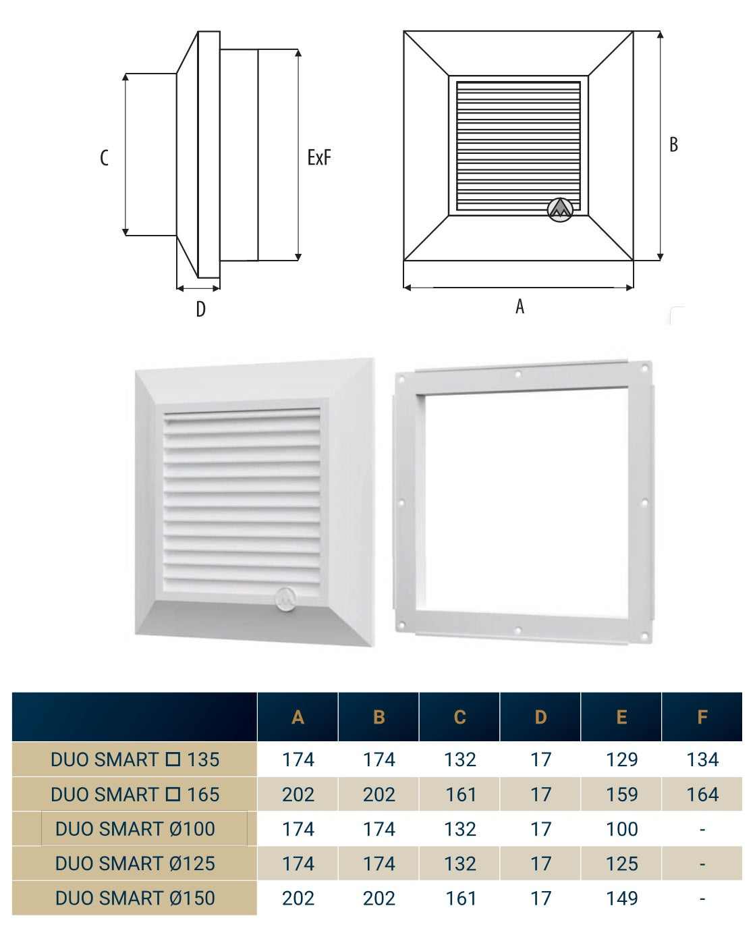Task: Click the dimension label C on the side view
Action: (x=104, y=158)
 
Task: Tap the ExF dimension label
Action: (x=319, y=158)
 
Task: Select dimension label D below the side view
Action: (x=200, y=309)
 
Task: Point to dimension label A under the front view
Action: (x=520, y=306)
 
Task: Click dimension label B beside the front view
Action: (x=673, y=144)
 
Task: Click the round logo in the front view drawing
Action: (x=559, y=209)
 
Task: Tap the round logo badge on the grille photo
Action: (x=287, y=599)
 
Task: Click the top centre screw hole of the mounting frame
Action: (x=518, y=375)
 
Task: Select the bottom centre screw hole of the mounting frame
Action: (x=518, y=631)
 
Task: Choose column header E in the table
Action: (x=621, y=717)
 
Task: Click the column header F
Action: (x=702, y=717)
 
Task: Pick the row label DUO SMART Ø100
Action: (x=135, y=829)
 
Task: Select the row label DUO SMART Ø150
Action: (x=135, y=899)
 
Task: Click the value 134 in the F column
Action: (x=702, y=759)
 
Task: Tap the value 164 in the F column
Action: (x=702, y=795)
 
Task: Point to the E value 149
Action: (x=621, y=899)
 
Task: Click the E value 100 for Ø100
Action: (x=621, y=829)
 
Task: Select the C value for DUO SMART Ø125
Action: (x=460, y=863)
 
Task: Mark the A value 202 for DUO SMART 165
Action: (x=298, y=795)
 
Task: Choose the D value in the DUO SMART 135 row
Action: (x=540, y=759)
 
